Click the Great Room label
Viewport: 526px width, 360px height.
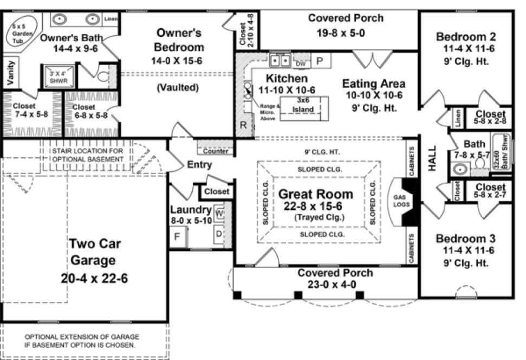pyautogui.click(x=315, y=194)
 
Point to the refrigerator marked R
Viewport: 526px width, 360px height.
pyautogui.click(x=243, y=125)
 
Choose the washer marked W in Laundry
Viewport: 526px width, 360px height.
pyautogui.click(x=220, y=212)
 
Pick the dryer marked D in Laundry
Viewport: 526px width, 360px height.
pyautogui.click(x=219, y=234)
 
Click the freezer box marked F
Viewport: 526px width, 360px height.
pyautogui.click(x=177, y=237)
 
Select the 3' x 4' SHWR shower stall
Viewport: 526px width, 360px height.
pyautogui.click(x=57, y=76)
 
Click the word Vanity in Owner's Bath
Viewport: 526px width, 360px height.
pyautogui.click(x=10, y=73)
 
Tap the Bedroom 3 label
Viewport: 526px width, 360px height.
pyautogui.click(x=466, y=239)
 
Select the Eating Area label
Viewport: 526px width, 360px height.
pyautogui.click(x=373, y=84)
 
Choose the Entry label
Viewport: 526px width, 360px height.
pyautogui.click(x=199, y=165)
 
